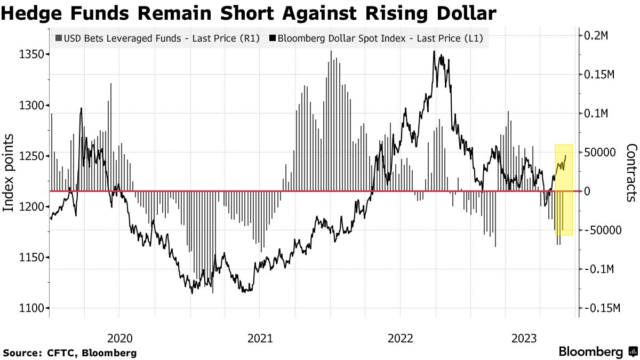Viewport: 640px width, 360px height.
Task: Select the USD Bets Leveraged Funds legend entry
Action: [157, 38]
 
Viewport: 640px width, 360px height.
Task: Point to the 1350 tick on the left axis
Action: [31, 55]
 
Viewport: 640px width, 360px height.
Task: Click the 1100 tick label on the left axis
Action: [31, 308]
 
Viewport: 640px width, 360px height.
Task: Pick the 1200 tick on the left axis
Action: [31, 207]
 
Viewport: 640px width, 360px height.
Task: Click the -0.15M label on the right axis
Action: [604, 308]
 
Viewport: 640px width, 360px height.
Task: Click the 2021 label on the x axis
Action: [260, 338]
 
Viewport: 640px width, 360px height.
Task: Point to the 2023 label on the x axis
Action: [524, 338]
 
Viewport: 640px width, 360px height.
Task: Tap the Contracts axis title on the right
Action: [631, 172]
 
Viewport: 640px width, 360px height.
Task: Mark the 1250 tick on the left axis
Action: [31, 156]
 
